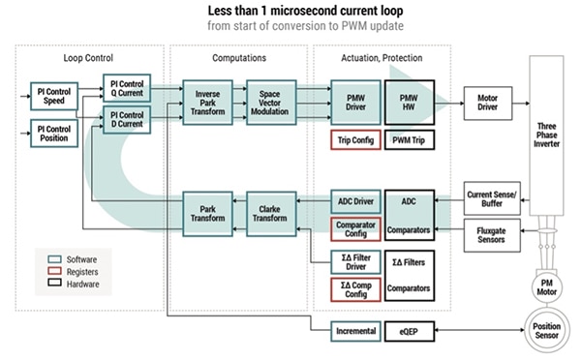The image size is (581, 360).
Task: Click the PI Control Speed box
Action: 53,97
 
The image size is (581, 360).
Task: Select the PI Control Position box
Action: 53,132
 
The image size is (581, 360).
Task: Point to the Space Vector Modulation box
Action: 268,100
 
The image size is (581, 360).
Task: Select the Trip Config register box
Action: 354,141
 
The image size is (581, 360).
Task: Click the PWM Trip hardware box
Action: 410,141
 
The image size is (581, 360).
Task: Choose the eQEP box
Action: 410,330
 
